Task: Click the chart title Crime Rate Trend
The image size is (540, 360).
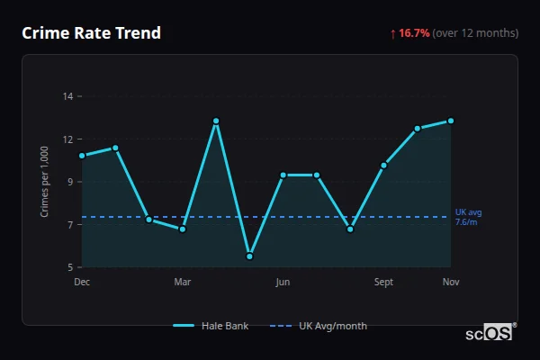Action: [91, 33]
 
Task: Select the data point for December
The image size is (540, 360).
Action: [82, 156]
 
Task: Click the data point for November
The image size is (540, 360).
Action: [451, 121]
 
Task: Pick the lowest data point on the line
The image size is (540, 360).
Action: [249, 256]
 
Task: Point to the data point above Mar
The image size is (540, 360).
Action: [183, 229]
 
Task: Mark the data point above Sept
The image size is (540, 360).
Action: [383, 165]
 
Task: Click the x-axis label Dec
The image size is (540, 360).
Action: [82, 283]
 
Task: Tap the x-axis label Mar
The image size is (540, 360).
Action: [183, 283]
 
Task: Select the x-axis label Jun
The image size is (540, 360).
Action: [283, 283]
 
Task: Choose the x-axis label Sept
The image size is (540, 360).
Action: [383, 283]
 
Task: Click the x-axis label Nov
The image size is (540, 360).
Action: [451, 283]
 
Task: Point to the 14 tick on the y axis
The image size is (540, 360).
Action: [67, 96]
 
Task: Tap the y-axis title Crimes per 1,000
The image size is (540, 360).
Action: [45, 182]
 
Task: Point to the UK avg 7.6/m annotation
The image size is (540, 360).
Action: [468, 217]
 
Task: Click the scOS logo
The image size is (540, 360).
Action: [489, 333]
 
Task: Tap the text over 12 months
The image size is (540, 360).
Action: [475, 33]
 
